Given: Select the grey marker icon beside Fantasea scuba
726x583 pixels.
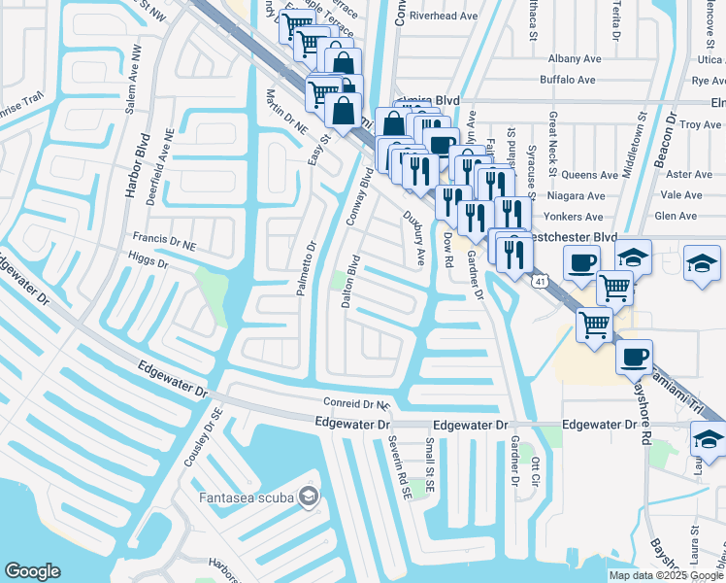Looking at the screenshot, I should [x=309, y=497].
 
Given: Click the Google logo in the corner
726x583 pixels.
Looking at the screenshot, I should [x=32, y=571].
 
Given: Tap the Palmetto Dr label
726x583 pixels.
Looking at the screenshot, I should [x=305, y=268].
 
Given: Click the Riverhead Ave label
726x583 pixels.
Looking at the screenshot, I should [x=445, y=17].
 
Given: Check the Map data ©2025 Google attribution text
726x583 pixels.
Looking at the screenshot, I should [x=666, y=575].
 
